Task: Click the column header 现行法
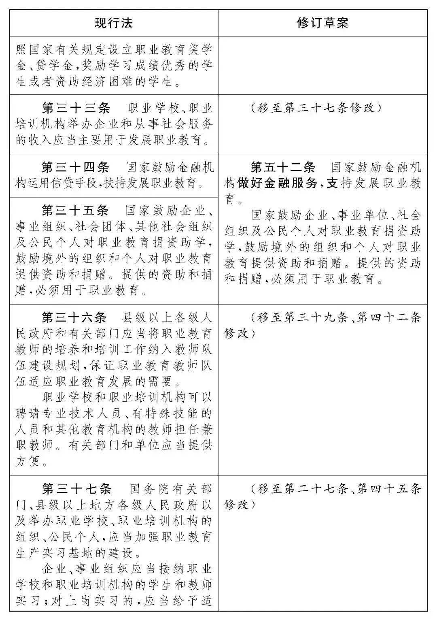tap(114, 23)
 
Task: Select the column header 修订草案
tap(322, 23)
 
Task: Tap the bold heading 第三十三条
tap(76, 109)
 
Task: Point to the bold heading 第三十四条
tap(76, 168)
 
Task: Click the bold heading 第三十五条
tap(76, 211)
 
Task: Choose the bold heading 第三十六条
tap(76, 317)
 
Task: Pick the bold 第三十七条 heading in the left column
tap(76, 489)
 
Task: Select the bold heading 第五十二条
tap(283, 168)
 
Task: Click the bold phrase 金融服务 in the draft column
tap(291, 184)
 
